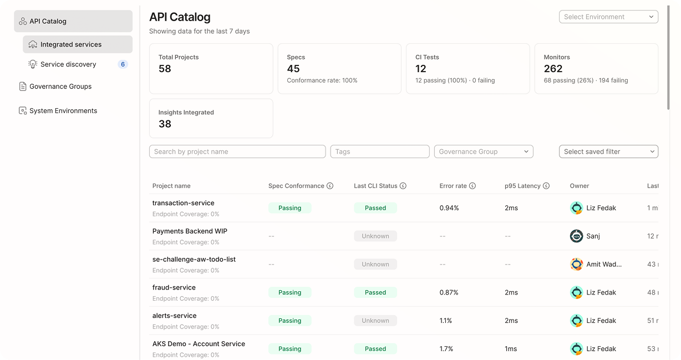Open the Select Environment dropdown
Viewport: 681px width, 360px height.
608,17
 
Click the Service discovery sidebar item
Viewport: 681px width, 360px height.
68,64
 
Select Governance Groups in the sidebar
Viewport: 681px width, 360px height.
60,87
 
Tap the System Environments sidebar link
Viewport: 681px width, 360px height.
63,111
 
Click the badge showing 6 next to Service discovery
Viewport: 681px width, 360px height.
123,64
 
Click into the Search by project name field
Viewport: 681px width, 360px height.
237,151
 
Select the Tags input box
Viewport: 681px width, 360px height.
379,151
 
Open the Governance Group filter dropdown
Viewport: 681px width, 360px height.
483,151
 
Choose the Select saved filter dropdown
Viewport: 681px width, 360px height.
608,151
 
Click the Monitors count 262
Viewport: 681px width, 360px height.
553,69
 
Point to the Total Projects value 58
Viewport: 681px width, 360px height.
165,69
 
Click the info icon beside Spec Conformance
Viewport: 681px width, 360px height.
330,186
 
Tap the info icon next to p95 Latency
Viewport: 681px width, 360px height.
546,186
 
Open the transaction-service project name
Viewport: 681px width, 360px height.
183,203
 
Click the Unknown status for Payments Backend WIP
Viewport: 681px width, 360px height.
375,236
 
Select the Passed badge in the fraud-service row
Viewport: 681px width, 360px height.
375,292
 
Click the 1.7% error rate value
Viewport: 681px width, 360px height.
446,349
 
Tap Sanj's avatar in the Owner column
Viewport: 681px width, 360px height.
577,236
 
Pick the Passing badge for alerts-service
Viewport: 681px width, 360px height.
289,321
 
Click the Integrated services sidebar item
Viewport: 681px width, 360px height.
71,44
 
